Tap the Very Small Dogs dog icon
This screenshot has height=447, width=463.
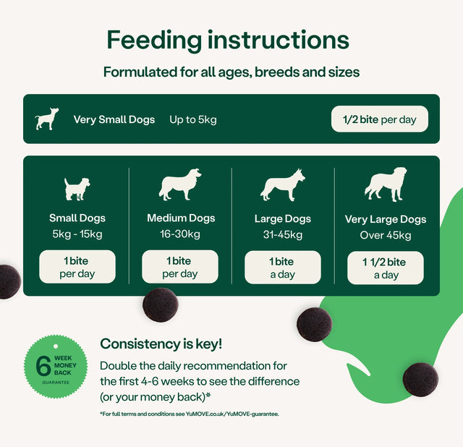click(x=47, y=119)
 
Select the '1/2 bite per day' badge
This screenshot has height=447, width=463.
click(x=379, y=119)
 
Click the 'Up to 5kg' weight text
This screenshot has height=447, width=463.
click(x=192, y=119)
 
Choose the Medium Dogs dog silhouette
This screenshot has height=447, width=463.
click(x=179, y=185)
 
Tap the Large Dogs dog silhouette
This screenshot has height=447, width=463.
click(x=283, y=185)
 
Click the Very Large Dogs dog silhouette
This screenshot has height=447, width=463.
click(x=385, y=185)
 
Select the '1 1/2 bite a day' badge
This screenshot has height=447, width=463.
click(x=385, y=268)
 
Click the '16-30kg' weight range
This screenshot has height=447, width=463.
click(x=180, y=234)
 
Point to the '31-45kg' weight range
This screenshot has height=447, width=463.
click(x=283, y=235)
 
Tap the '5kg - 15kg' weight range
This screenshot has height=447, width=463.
click(x=77, y=234)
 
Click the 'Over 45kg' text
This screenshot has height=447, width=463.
click(x=386, y=236)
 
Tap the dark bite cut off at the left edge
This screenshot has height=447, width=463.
click(x=7, y=281)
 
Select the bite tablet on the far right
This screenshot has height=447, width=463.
click(x=420, y=379)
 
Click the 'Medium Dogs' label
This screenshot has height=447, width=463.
click(x=181, y=218)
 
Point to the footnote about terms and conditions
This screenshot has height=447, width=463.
click(x=190, y=414)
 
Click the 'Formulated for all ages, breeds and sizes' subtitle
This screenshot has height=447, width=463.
click(x=231, y=72)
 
